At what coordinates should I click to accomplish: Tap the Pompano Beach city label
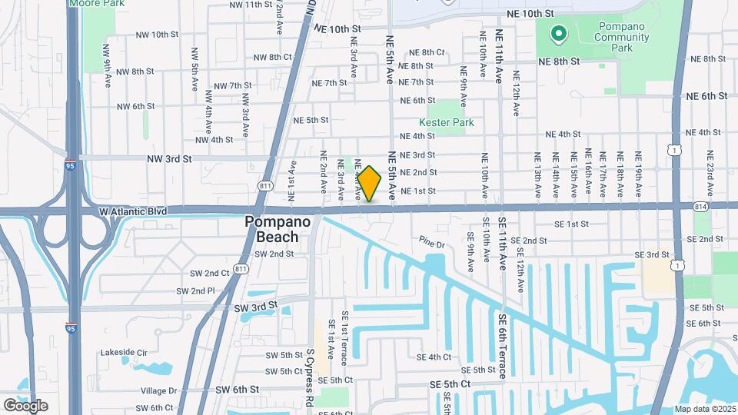(x=271, y=229)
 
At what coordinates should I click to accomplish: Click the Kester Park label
(x=446, y=122)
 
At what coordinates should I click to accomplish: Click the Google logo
(x=25, y=406)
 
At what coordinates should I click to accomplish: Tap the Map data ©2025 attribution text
(x=704, y=409)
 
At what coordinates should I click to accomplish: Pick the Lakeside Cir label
(x=124, y=353)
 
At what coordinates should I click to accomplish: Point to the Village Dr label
(x=158, y=390)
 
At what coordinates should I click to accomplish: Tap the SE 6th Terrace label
(x=502, y=345)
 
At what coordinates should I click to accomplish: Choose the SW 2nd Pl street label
(x=194, y=290)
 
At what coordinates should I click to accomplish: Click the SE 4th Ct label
(x=434, y=357)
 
